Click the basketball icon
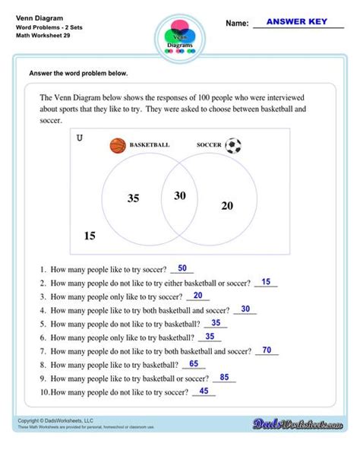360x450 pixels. point(117,144)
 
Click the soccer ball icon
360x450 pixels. point(233,144)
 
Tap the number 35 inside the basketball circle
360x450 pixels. point(133,198)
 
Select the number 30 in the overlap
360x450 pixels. point(179,195)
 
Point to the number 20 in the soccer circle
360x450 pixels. point(227,205)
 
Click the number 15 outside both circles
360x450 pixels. point(90,236)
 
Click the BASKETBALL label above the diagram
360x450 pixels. point(150,144)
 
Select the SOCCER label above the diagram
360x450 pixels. point(209,144)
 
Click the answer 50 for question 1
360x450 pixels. point(182,268)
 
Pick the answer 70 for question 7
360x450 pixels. point(267,350)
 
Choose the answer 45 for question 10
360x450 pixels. point(204,391)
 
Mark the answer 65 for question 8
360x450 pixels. point(194,364)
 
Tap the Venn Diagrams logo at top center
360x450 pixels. point(180,35)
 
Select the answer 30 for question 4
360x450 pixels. point(245,309)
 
